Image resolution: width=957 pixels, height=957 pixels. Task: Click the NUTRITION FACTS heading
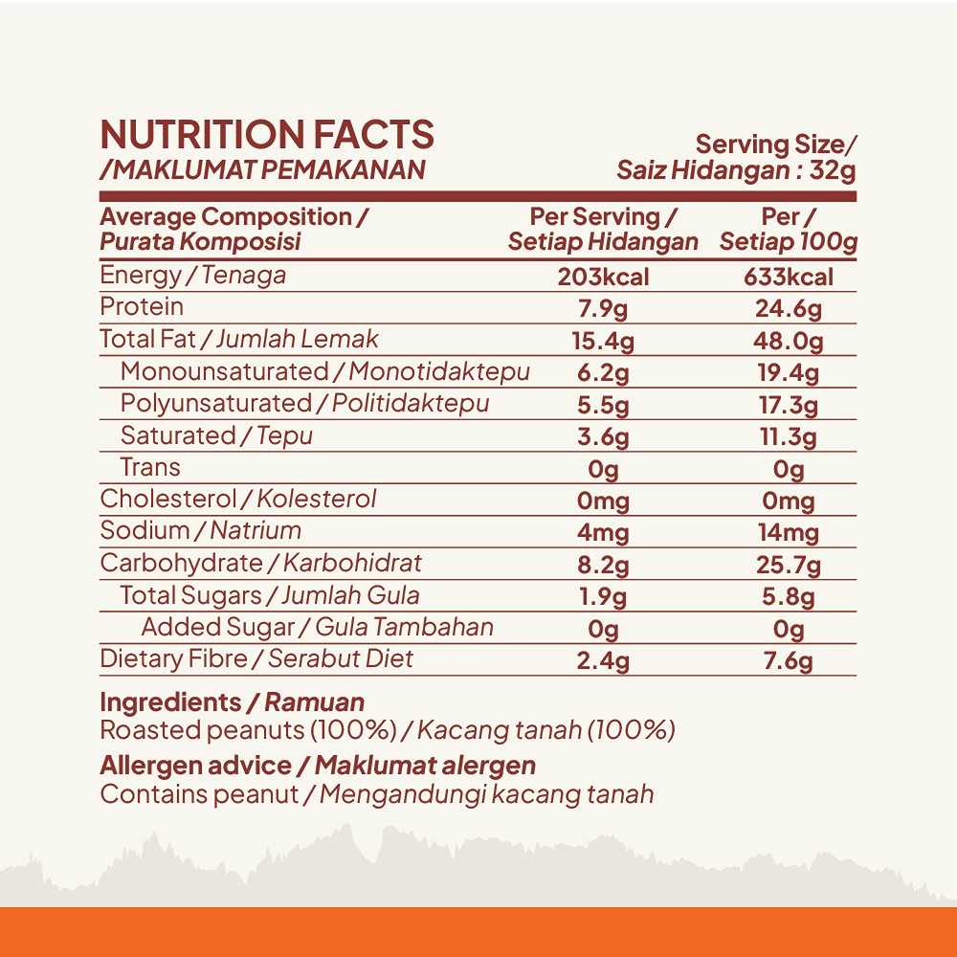(267, 135)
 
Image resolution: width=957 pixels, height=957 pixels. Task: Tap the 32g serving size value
(833, 171)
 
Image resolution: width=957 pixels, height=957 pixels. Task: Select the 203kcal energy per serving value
(603, 278)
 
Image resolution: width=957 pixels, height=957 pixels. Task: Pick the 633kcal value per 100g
(789, 278)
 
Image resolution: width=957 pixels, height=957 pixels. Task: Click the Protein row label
(142, 307)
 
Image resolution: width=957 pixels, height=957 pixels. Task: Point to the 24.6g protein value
(789, 309)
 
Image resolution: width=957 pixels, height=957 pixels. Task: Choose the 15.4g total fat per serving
(603, 341)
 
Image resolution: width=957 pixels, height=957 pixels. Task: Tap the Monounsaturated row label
(224, 371)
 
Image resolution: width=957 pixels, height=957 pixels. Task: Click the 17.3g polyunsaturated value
(789, 405)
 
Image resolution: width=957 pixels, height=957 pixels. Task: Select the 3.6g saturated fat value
(603, 437)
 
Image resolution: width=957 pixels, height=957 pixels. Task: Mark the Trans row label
(150, 467)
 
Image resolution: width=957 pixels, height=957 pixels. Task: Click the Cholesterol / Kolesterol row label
(238, 499)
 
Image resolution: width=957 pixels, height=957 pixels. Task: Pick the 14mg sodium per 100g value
(789, 533)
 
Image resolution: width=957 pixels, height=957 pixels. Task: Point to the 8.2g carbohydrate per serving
(603, 566)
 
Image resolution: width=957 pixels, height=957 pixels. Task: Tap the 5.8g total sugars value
(789, 597)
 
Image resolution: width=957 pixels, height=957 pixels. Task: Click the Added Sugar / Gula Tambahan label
(317, 627)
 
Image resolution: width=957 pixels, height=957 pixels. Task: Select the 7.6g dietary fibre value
(789, 661)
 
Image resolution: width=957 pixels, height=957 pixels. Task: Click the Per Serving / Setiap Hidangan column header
(603, 230)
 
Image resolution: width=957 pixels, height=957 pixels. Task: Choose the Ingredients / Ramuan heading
(232, 702)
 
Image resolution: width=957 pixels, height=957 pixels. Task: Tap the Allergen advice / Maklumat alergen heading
(318, 766)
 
